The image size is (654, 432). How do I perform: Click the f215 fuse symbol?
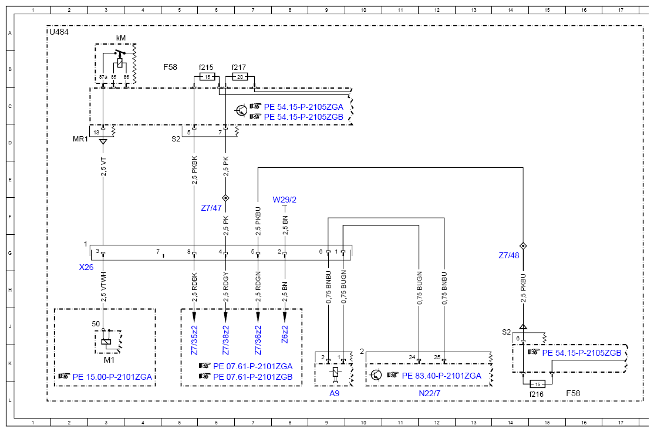tap(207, 77)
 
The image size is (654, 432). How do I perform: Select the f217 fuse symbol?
tap(240, 77)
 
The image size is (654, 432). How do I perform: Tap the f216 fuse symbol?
tap(537, 384)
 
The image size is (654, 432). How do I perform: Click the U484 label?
tap(59, 32)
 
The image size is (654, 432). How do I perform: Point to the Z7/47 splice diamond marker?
tap(225, 198)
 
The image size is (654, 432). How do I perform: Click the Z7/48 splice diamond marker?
tap(523, 246)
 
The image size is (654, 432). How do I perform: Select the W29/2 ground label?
tap(285, 200)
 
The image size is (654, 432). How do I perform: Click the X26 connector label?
tap(86, 267)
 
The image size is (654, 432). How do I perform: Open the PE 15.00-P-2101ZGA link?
tap(112, 377)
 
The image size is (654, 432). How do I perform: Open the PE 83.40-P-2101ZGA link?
tap(441, 376)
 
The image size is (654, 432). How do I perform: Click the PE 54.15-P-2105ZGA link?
tap(304, 107)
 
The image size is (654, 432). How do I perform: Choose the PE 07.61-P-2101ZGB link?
tap(253, 377)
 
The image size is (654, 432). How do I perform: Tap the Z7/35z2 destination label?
tap(194, 340)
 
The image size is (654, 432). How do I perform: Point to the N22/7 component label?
tap(430, 393)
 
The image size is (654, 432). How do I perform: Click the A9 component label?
tap(335, 393)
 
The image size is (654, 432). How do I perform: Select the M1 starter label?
tap(109, 360)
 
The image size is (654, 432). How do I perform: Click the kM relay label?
tap(120, 38)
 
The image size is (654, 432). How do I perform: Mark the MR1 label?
tap(80, 139)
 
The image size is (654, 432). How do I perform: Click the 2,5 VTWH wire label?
tap(103, 287)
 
